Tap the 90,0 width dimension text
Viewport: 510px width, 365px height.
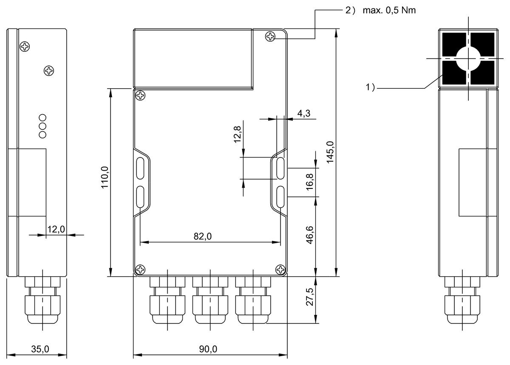[208, 349]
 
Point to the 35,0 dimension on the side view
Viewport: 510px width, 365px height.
[40, 349]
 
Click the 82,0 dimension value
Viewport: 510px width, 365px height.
[203, 236]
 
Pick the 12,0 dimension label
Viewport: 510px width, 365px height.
[56, 230]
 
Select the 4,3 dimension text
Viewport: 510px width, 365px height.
[303, 113]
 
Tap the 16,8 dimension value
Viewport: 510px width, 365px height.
[310, 182]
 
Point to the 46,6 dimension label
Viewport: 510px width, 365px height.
[310, 235]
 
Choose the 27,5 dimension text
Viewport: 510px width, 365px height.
[310, 297]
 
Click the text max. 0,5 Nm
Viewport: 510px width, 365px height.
[389, 10]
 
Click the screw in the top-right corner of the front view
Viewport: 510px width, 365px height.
[270, 36]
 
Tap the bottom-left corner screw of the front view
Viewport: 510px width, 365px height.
[140, 269]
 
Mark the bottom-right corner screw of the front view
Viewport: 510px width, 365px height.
[280, 269]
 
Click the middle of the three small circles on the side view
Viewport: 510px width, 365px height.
[42, 126]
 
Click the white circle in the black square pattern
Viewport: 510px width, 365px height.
[468, 59]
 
